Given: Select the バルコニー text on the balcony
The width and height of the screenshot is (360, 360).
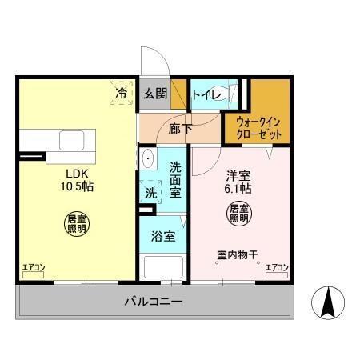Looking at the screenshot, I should [x=154, y=302].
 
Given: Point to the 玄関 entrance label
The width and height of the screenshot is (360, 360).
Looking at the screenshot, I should [x=155, y=93].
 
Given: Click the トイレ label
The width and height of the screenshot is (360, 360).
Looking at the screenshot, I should [x=206, y=93].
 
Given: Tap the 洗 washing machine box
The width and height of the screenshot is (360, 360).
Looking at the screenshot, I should [x=150, y=192].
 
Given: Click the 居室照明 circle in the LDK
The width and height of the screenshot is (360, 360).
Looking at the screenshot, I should [x=75, y=223].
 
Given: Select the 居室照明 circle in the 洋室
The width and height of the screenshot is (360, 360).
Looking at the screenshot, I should [x=238, y=214].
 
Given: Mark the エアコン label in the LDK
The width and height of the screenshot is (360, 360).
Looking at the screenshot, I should [x=34, y=267].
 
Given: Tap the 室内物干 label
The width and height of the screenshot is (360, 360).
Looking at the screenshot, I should [x=237, y=255].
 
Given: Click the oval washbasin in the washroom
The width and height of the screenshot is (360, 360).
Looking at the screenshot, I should [x=147, y=160].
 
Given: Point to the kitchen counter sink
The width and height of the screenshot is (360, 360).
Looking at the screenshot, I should [x=70, y=141].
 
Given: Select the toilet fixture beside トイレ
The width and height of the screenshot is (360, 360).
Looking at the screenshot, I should [x=234, y=93].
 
